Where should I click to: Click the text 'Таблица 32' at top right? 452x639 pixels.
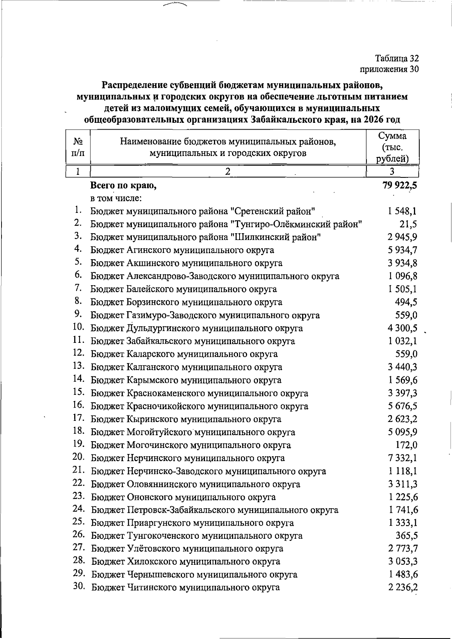(x=397, y=58)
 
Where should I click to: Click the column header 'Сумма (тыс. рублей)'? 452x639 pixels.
(x=392, y=147)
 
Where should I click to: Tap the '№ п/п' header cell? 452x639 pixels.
(x=78, y=147)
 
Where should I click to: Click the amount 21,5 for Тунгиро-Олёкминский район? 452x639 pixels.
(x=408, y=224)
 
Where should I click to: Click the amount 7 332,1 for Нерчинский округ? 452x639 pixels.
(x=403, y=458)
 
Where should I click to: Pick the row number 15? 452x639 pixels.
(x=78, y=393)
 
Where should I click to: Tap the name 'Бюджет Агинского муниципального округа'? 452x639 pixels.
(x=182, y=250)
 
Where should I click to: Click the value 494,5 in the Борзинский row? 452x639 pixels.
(x=406, y=302)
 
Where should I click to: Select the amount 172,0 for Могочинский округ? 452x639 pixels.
(x=406, y=445)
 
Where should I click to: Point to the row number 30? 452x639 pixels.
(x=79, y=587)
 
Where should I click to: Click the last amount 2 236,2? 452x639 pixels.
(x=403, y=587)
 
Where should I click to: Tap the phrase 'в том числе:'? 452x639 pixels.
(x=115, y=198)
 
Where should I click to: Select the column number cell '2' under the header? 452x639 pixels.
(x=227, y=171)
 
